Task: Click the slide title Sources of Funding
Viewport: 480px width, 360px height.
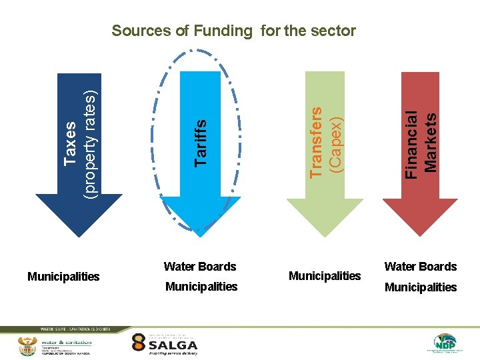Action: click(x=233, y=31)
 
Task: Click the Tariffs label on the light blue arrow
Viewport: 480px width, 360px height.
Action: click(x=200, y=142)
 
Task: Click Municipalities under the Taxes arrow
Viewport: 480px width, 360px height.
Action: click(x=63, y=276)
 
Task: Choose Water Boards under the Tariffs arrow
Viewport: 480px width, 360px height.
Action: click(x=200, y=267)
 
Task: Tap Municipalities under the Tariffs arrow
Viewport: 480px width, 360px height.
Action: click(x=201, y=287)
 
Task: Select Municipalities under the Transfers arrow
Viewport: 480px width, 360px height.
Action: click(x=325, y=276)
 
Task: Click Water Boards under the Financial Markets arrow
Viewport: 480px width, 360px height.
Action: click(x=421, y=267)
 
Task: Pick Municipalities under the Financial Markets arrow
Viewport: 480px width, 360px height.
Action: click(x=421, y=287)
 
